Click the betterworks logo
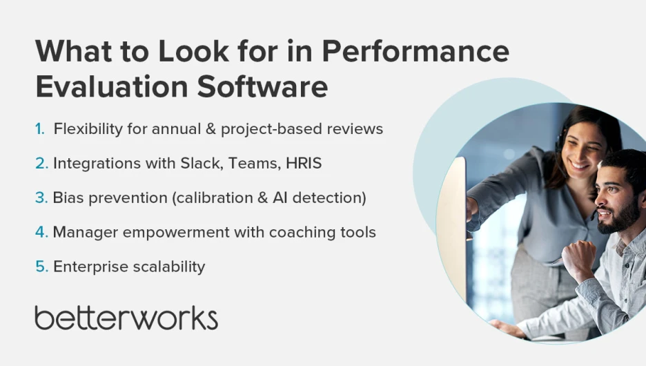(x=126, y=318)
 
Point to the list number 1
(x=39, y=129)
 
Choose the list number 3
(x=41, y=198)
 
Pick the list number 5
(x=41, y=267)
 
